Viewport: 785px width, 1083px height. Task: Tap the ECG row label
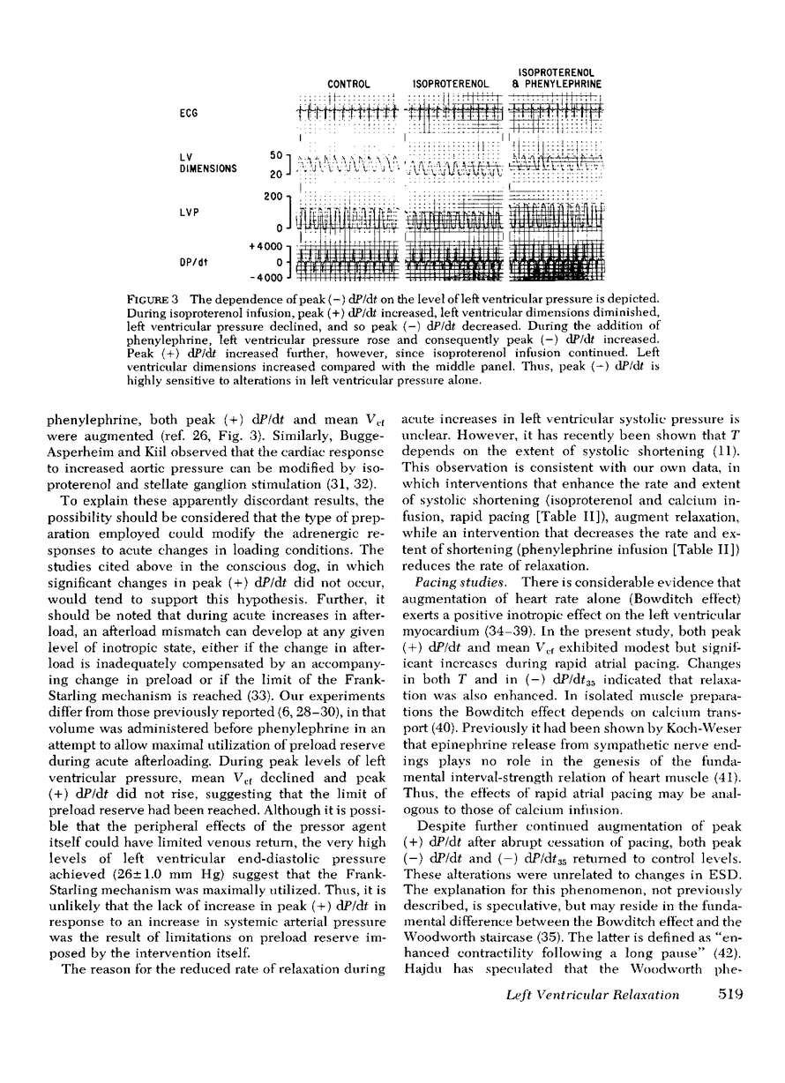click(x=188, y=113)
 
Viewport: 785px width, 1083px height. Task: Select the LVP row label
click(x=189, y=212)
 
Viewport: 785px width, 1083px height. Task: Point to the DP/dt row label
click(x=193, y=261)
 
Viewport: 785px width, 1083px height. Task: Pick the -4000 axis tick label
click(x=264, y=277)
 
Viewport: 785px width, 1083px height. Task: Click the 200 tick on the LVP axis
click(x=273, y=196)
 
